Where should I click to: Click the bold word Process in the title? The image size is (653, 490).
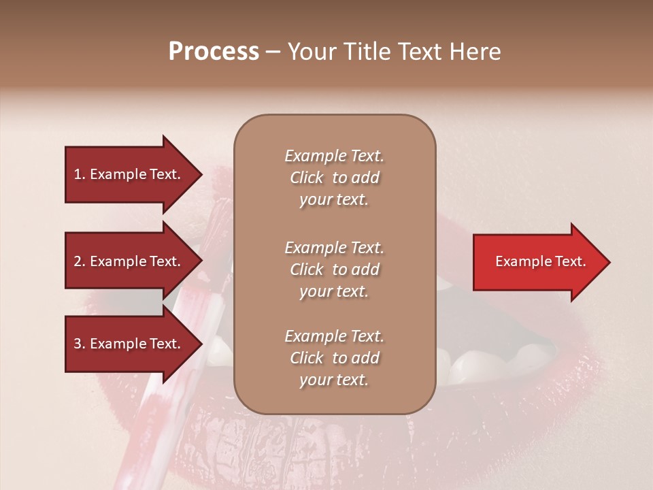click(214, 52)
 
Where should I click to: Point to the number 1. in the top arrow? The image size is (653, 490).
click(80, 174)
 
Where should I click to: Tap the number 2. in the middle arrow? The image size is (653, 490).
click(80, 261)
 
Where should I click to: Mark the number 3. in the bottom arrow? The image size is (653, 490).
click(80, 344)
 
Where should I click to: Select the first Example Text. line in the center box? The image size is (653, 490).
click(334, 156)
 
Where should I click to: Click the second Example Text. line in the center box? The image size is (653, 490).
click(334, 248)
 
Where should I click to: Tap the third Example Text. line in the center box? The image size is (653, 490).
click(334, 336)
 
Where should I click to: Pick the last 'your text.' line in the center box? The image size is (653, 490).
click(334, 380)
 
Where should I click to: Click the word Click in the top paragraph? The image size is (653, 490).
click(307, 178)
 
